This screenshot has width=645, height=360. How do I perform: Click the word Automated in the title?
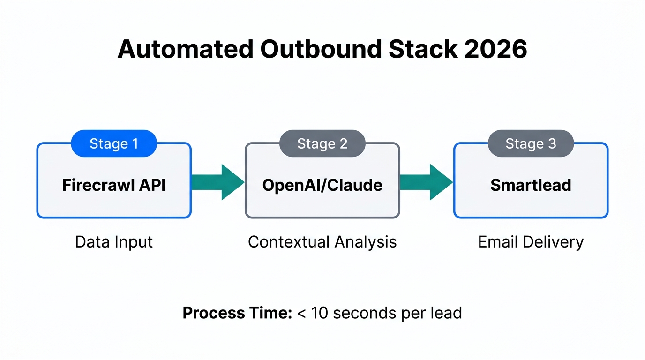(x=185, y=49)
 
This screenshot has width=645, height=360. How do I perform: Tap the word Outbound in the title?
(x=324, y=49)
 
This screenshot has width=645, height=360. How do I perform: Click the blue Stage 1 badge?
(x=114, y=143)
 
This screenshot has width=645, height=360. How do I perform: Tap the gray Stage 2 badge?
(x=322, y=143)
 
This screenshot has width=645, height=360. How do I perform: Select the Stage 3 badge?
(x=531, y=143)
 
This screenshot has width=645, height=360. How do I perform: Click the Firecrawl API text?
(x=114, y=185)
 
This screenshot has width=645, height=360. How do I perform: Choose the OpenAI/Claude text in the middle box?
(x=322, y=185)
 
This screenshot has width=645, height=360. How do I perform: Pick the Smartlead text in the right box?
(x=531, y=185)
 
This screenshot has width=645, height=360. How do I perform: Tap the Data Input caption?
(x=114, y=242)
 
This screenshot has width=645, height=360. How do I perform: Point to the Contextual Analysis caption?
(x=322, y=242)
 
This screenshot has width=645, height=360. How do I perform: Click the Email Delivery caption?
(x=531, y=242)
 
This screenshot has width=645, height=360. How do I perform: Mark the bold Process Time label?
(x=237, y=313)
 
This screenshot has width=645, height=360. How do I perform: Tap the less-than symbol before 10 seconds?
(x=301, y=313)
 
